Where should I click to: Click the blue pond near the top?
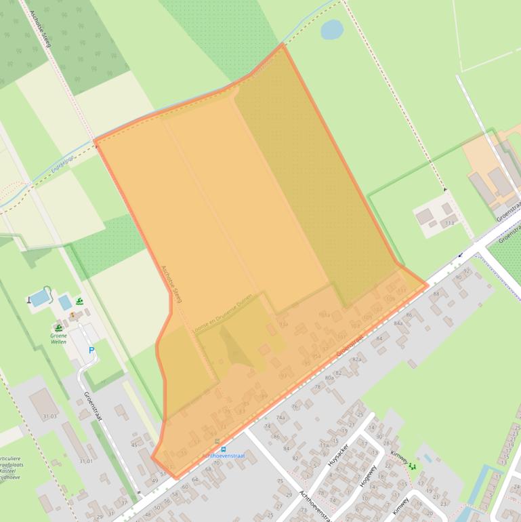click(x=331, y=29)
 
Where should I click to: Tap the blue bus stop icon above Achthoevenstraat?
click(x=224, y=449)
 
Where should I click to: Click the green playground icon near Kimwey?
click(x=413, y=466)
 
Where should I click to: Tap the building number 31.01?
click(x=85, y=461)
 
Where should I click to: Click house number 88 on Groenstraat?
click(x=436, y=294)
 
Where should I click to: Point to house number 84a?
click(x=398, y=324)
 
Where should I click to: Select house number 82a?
click(x=356, y=359)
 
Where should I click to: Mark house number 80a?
click(x=330, y=378)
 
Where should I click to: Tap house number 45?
click(x=134, y=445)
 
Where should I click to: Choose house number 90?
click(x=458, y=277)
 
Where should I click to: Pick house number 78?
click(x=317, y=387)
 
